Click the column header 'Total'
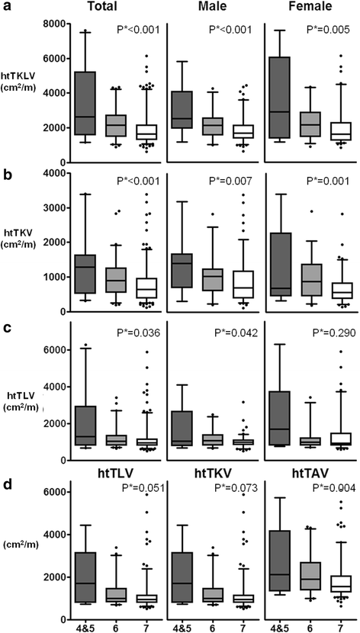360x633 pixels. [106, 7]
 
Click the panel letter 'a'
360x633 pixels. [7, 7]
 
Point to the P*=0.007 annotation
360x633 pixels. [230, 183]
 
